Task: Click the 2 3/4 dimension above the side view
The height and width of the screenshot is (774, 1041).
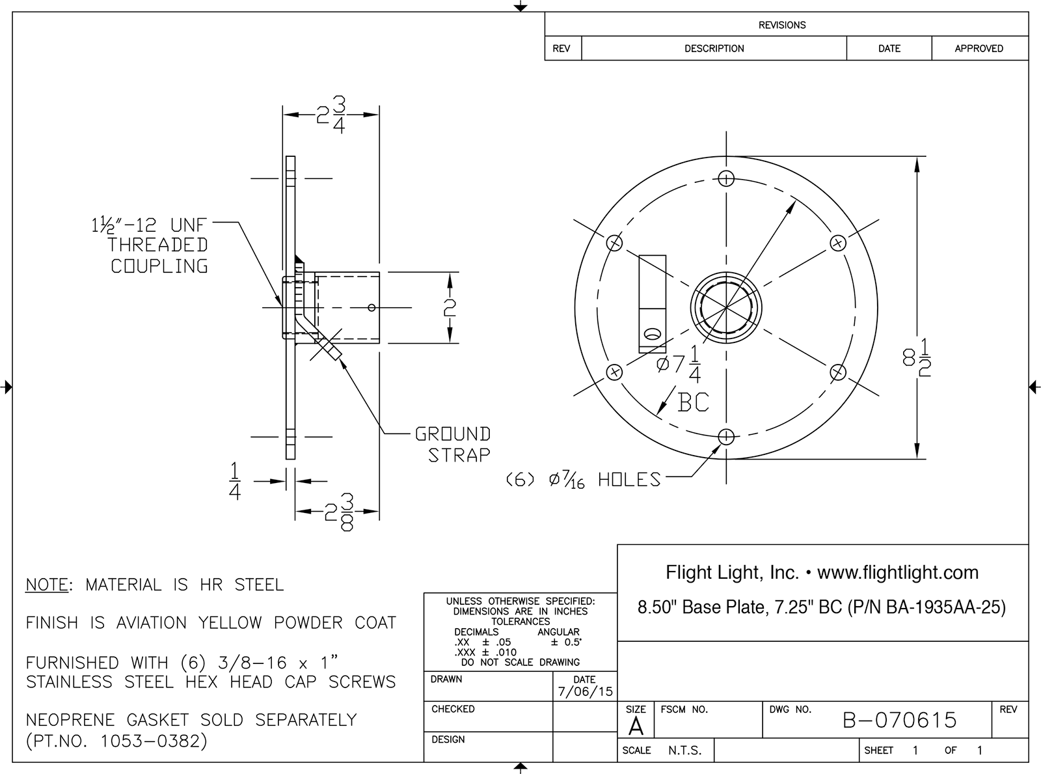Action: (x=332, y=115)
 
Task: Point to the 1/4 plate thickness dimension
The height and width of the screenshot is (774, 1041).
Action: (x=235, y=481)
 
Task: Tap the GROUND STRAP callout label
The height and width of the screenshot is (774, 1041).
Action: (x=453, y=445)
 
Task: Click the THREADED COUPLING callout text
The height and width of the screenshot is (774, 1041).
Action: (x=158, y=255)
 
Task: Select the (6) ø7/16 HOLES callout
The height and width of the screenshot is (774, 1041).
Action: (x=584, y=480)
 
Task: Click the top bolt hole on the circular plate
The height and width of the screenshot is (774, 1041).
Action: (x=727, y=178)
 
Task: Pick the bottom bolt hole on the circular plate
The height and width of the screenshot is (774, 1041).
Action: (x=727, y=436)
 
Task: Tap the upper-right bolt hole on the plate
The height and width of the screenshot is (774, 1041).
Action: (x=838, y=243)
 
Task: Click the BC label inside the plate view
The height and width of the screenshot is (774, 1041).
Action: (x=693, y=402)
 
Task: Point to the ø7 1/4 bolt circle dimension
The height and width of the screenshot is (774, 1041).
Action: (x=679, y=364)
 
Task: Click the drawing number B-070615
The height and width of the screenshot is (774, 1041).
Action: (x=899, y=720)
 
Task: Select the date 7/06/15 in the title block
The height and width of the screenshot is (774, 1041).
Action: (x=585, y=691)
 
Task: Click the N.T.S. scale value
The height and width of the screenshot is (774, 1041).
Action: (x=684, y=751)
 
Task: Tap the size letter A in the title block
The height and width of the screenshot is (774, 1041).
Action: (x=636, y=726)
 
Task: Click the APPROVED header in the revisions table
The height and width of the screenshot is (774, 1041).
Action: (x=979, y=49)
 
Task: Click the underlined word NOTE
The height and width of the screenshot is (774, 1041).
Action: (x=46, y=585)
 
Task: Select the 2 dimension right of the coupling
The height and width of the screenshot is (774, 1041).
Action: (x=450, y=307)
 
